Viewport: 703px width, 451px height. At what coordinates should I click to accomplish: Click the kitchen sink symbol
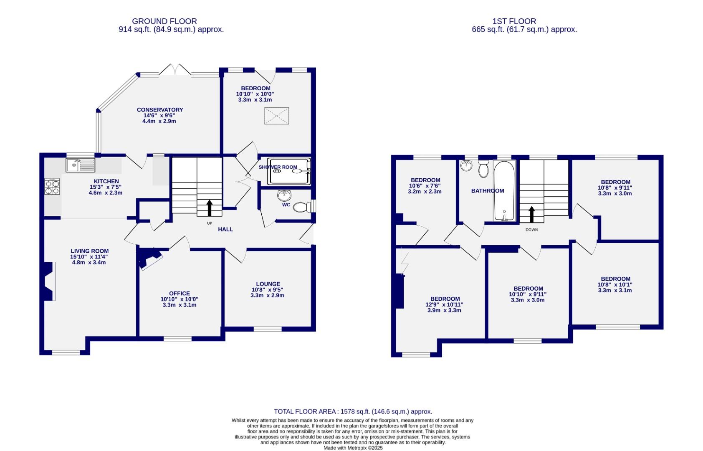click(81, 165)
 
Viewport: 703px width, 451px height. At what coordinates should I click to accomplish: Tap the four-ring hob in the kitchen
click(52, 186)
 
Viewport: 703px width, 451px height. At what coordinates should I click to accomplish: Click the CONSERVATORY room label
click(160, 110)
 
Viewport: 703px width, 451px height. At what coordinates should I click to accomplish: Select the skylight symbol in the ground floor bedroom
click(276, 116)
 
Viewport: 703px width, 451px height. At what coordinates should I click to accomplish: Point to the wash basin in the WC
click(285, 195)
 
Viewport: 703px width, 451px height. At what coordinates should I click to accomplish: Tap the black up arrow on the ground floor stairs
click(209, 208)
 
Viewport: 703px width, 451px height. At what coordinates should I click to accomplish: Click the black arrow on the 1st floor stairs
click(532, 214)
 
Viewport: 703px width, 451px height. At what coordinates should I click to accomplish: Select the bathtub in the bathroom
click(504, 190)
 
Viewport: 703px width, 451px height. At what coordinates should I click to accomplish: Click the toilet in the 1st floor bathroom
click(483, 169)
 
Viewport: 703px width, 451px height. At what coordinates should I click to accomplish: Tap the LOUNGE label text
click(268, 284)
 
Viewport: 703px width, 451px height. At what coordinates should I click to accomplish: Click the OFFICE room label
click(180, 294)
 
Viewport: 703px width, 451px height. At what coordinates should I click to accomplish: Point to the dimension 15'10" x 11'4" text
click(89, 257)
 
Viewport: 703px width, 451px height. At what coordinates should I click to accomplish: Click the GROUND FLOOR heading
click(164, 21)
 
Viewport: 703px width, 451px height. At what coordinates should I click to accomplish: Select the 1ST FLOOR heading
click(514, 21)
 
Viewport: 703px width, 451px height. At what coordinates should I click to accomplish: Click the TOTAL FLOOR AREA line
click(353, 411)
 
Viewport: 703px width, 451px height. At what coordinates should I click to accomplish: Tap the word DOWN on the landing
click(531, 230)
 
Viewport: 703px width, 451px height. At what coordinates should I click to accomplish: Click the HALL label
click(225, 229)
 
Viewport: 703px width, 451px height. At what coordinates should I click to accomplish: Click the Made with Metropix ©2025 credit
click(353, 448)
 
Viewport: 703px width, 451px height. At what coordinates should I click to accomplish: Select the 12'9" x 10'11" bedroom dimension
click(444, 305)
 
